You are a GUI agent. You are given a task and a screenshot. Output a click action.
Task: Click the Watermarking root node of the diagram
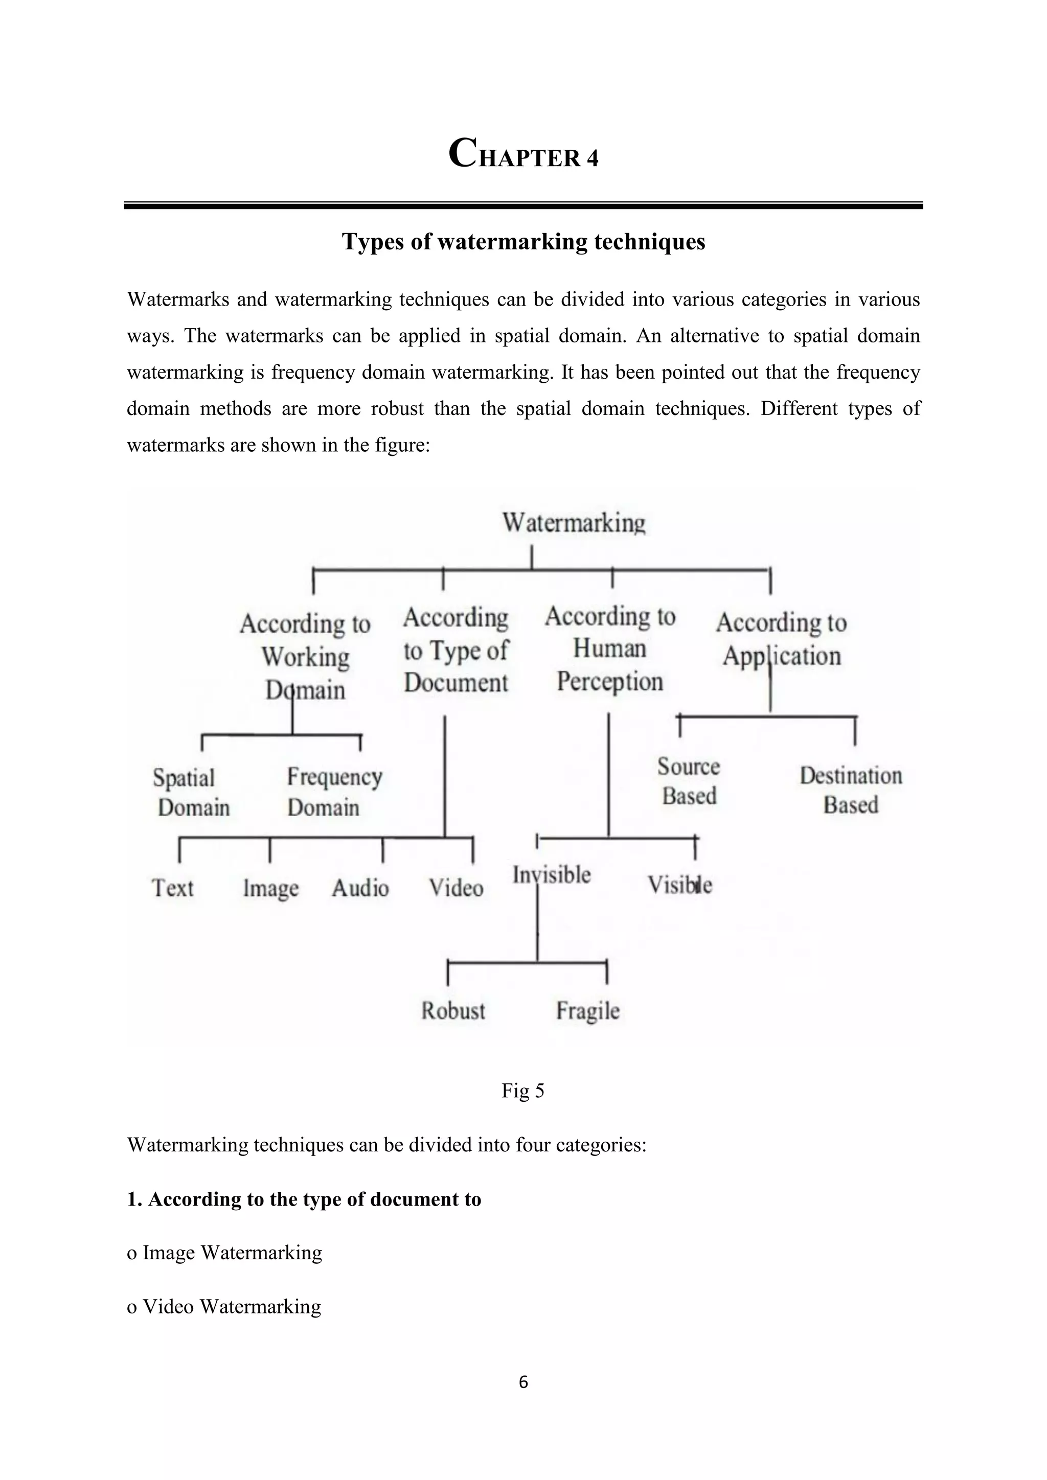[574, 523]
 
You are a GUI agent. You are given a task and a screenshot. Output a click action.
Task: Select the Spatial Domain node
[192, 793]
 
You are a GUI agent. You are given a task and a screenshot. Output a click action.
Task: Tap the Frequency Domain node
[334, 792]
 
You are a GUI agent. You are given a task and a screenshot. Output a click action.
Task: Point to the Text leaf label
[172, 888]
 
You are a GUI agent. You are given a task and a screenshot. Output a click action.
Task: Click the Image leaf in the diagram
[271, 889]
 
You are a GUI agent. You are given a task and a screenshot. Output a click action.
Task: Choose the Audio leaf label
[360, 888]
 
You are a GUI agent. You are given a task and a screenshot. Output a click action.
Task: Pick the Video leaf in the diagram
[457, 888]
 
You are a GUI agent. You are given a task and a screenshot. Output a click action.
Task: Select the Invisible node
[552, 875]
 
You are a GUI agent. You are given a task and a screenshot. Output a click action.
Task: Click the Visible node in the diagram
[679, 885]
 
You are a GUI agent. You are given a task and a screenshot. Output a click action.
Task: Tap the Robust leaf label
[453, 1011]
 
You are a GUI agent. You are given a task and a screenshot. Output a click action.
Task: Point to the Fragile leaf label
[588, 1011]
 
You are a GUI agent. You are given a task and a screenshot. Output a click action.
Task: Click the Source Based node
[689, 781]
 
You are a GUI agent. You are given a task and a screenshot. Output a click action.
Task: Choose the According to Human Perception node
[610, 649]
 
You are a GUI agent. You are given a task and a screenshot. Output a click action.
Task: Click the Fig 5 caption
[523, 1091]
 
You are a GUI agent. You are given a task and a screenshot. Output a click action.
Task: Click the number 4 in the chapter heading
[593, 158]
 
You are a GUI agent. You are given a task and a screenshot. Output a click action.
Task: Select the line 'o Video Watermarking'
[224, 1307]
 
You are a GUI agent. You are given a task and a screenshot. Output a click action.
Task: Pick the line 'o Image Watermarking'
[225, 1253]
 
